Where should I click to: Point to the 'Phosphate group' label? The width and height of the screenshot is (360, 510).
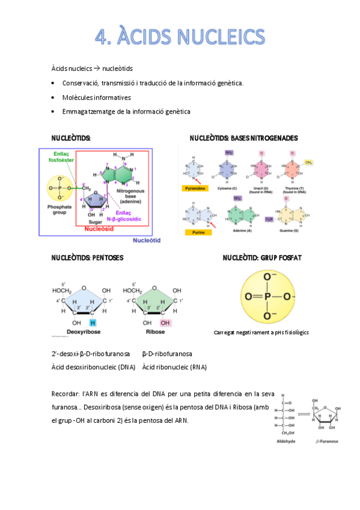pyautogui.click(x=59, y=210)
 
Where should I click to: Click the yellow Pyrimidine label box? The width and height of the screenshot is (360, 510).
pyautogui.click(x=195, y=188)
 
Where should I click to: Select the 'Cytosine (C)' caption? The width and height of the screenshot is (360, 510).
pyautogui.click(x=228, y=188)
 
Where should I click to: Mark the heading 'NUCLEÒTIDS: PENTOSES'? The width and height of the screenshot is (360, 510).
pyautogui.click(x=87, y=257)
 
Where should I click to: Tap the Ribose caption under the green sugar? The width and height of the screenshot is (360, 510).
pyautogui.click(x=155, y=331)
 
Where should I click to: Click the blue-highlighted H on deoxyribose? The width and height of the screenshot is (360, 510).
pyautogui.click(x=93, y=323)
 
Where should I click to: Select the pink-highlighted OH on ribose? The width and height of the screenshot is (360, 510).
pyautogui.click(x=165, y=323)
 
